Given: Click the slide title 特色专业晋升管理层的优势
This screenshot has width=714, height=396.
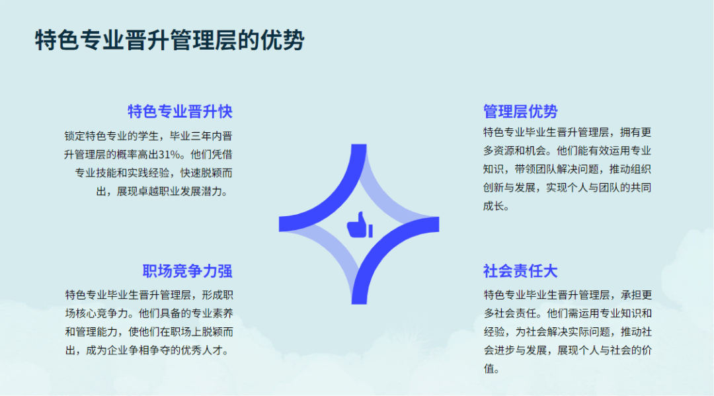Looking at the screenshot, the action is click(169, 40).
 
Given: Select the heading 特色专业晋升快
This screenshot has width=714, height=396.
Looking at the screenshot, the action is click(180, 112).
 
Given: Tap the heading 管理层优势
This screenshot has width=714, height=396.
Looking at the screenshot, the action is click(520, 112).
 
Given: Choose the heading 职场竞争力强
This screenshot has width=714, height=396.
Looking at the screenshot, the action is click(187, 271).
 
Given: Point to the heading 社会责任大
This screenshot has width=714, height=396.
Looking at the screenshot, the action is click(520, 271).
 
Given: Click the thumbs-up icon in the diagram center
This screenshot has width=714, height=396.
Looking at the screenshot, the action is click(360, 225).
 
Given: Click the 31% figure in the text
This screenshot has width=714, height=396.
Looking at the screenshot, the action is click(169, 155).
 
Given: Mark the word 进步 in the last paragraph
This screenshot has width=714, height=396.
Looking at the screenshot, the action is click(504, 350).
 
